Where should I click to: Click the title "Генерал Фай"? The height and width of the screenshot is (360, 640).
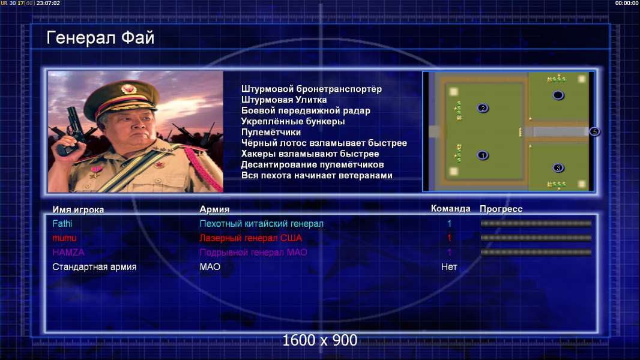click(100, 38)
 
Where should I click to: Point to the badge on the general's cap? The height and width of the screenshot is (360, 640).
click(128, 89)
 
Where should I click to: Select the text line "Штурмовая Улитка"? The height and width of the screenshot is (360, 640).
click(283, 100)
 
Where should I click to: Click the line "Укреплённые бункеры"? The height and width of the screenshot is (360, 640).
click(292, 121)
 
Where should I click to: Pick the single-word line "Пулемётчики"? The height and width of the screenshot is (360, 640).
click(271, 132)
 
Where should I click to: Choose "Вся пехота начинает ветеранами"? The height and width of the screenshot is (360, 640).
click(317, 175)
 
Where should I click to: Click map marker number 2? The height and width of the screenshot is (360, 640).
click(483, 108)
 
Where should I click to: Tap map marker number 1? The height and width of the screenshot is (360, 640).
click(483, 155)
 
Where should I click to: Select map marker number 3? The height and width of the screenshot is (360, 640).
click(558, 167)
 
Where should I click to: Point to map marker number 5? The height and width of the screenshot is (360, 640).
click(595, 131)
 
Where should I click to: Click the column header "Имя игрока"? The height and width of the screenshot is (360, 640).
click(78, 209)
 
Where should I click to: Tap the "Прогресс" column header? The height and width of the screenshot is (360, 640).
click(501, 209)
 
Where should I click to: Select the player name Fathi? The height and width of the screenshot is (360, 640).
click(62, 223)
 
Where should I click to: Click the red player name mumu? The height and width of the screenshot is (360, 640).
click(64, 238)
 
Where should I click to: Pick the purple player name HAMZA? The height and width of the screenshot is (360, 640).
click(68, 253)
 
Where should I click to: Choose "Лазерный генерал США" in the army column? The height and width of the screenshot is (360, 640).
click(250, 238)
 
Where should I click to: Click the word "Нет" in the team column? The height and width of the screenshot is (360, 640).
click(449, 266)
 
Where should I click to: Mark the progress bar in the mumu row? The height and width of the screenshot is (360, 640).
click(536, 238)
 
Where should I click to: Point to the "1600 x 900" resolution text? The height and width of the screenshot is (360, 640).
click(319, 340)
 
